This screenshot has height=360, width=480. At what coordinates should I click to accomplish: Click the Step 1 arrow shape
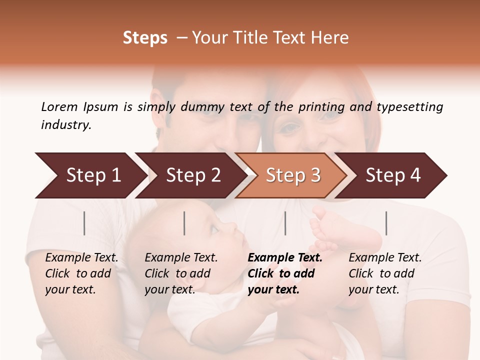(x=90, y=175)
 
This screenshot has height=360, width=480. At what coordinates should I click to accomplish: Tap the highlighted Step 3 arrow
(x=292, y=175)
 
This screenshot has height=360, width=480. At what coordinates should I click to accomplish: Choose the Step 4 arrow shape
(x=392, y=175)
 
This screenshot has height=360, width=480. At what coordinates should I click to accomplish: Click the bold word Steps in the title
(x=145, y=38)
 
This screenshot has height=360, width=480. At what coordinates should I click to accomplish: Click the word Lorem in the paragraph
(x=59, y=106)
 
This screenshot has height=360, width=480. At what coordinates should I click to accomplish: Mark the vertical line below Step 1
(x=84, y=223)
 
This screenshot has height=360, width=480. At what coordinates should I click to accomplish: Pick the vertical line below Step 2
(x=184, y=223)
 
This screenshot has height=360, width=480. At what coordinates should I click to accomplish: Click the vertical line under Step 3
(x=285, y=223)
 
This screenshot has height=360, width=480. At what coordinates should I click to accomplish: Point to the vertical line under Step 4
(x=386, y=223)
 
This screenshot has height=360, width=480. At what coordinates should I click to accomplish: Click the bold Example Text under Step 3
(x=285, y=258)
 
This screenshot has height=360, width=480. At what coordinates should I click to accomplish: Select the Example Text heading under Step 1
(x=81, y=258)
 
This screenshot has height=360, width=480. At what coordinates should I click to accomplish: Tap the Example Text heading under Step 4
(x=385, y=258)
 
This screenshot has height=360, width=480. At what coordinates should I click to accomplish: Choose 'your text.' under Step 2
(x=170, y=289)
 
